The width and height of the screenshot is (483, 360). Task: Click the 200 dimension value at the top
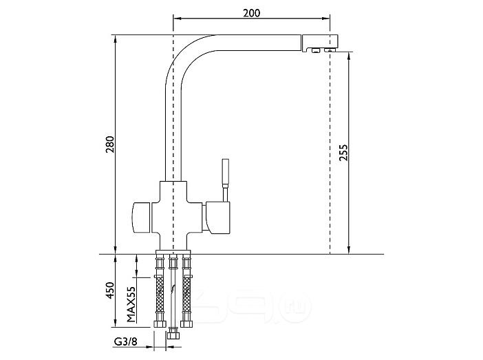[251, 13]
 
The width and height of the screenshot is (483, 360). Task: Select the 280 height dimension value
[110, 145]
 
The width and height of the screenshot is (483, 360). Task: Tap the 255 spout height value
[343, 153]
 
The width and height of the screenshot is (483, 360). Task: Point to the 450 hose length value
[110, 290]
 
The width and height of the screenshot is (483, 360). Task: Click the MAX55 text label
[131, 304]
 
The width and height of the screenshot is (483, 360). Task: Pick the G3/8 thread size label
[126, 342]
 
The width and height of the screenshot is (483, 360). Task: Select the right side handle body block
[218, 217]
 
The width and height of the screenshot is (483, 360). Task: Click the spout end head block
[320, 43]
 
